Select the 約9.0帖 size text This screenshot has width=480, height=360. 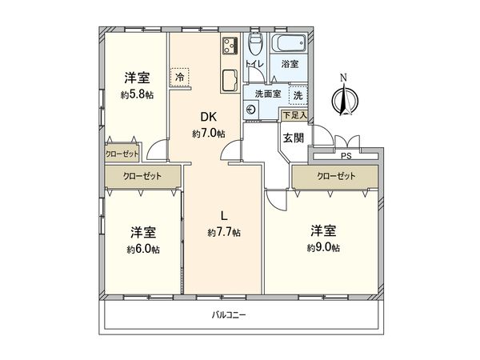pos(323,248)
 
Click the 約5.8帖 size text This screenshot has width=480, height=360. pos(138,94)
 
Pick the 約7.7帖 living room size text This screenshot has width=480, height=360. pos(224,233)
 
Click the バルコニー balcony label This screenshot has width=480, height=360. pos(229,315)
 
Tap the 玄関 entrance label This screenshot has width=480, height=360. pos(292,138)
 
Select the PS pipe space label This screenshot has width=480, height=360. pos(346,156)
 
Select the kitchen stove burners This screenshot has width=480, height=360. pos(230,45)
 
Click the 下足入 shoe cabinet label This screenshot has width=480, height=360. pos(294,116)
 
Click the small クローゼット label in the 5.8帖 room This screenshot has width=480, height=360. pos(122,153)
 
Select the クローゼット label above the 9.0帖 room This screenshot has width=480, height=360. pos(333,175)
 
